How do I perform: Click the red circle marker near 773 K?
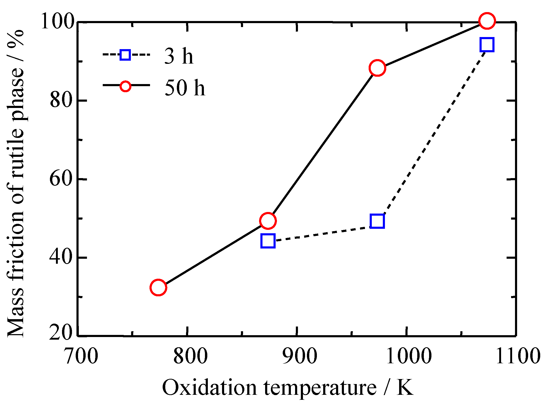158,288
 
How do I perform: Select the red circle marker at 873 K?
268,221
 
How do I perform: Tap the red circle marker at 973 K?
377,68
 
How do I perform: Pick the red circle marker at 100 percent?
487,21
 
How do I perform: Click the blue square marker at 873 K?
268,241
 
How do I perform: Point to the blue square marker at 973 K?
377,221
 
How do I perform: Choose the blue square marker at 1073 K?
487,44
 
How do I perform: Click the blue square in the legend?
125,55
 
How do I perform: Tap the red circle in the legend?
125,86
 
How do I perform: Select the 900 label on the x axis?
300,356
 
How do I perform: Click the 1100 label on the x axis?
518,356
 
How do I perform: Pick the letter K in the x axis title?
405,387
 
